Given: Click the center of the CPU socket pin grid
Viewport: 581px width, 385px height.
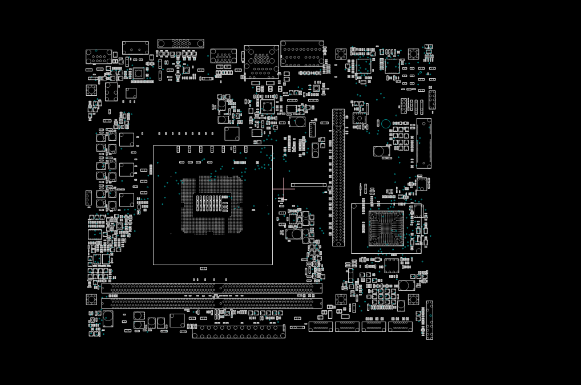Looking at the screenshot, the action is click(212, 205).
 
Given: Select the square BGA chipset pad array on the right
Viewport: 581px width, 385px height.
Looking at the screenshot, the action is click(386, 228).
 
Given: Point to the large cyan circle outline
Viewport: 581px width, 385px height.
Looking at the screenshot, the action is click(386, 124).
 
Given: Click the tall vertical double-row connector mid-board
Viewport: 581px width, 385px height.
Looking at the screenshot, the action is click(338, 177).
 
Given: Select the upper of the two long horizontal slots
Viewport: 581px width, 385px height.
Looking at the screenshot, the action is click(212, 289).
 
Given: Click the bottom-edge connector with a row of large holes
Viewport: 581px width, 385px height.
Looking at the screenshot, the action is click(239, 332).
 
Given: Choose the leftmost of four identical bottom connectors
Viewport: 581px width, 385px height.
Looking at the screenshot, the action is click(321, 326).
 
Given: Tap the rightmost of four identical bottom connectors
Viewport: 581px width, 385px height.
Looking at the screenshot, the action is click(400, 326).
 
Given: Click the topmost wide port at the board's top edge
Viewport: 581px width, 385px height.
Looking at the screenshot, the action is click(180, 43).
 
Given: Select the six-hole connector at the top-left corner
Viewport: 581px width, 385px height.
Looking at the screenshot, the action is click(99, 57).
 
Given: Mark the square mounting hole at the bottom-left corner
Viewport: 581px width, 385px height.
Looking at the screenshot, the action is click(91, 299).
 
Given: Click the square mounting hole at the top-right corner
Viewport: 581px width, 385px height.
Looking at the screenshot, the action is click(413, 54).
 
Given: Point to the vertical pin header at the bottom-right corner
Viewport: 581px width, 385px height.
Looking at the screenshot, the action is click(429, 320).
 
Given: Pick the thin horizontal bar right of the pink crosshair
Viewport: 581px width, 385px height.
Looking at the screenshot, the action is click(309, 185).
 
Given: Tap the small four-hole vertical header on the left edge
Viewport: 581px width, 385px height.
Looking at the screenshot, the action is click(88, 198).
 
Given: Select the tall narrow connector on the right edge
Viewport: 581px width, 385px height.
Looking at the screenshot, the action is click(424, 143).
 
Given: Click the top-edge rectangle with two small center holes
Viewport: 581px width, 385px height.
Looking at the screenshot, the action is click(135, 48).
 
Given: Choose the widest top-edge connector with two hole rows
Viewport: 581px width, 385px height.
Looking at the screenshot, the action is click(302, 53).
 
